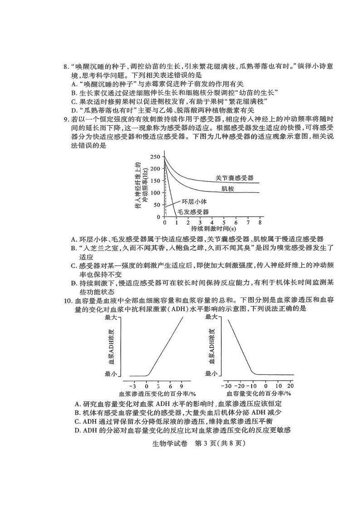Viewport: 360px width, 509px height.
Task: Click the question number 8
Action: pyautogui.click(x=65, y=67)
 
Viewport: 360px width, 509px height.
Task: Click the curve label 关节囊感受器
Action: pyautogui.click(x=234, y=178)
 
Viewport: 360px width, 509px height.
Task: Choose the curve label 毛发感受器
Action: pyautogui.click(x=193, y=212)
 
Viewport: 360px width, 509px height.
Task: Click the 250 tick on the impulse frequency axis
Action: pyautogui.click(x=155, y=157)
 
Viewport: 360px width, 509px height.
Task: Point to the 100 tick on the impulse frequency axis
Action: pyautogui.click(x=155, y=193)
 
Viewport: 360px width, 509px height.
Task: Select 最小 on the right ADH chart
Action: pyautogui.click(x=212, y=373)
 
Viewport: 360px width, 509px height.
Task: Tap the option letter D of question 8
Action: pyautogui.click(x=74, y=110)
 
